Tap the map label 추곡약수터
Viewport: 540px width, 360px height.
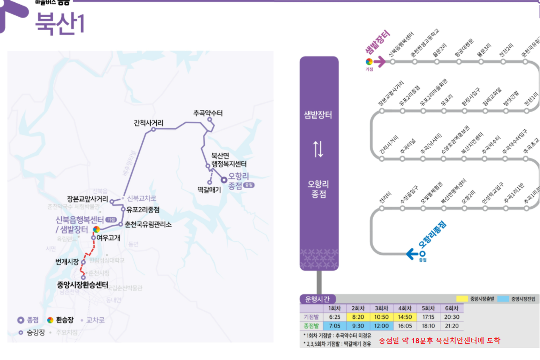pyautogui.click(x=208, y=113)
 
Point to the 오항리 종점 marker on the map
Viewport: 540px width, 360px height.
pyautogui.click(x=223, y=179)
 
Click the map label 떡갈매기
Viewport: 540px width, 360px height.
pyautogui.click(x=209, y=189)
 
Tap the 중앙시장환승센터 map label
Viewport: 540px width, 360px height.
pyautogui.click(x=82, y=285)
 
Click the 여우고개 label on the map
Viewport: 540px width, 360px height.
pyautogui.click(x=109, y=238)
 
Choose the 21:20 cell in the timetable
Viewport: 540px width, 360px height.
pyautogui.click(x=451, y=326)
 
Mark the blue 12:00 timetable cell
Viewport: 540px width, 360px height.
pyautogui.click(x=381, y=326)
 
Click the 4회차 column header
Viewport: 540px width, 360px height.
pyautogui.click(x=405, y=309)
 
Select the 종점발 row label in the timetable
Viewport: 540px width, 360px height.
pyautogui.click(x=311, y=326)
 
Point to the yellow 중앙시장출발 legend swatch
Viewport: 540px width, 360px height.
pyautogui.click(x=462, y=299)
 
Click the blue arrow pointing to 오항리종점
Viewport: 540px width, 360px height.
pyautogui.click(x=411, y=253)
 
